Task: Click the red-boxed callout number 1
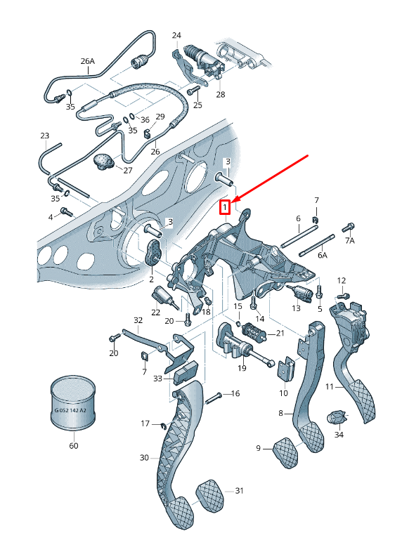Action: [x=225, y=207]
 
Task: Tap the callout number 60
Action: [x=73, y=445]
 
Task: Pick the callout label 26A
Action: [x=87, y=61]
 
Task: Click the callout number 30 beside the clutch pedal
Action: [x=144, y=457]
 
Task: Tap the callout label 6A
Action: [x=322, y=256]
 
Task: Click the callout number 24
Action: [x=176, y=35]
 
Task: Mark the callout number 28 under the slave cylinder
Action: [x=221, y=94]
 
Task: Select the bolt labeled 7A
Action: [x=347, y=228]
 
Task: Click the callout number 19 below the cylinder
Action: [x=242, y=368]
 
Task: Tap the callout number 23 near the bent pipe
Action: [x=45, y=136]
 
